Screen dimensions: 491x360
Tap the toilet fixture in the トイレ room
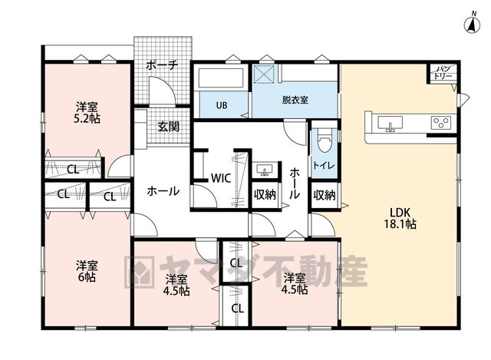[x=324, y=140]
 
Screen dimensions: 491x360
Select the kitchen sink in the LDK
[x=390, y=124]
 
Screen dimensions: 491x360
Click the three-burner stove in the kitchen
[x=441, y=123]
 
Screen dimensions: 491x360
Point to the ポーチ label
[x=162, y=65]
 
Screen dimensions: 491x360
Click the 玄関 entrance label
[x=169, y=127]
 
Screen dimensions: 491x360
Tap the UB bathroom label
[x=222, y=105]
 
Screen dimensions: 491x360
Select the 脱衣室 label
[x=295, y=101]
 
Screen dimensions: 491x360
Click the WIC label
[x=221, y=178]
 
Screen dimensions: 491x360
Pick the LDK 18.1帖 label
[x=400, y=218]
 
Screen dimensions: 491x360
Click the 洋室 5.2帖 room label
[x=87, y=113]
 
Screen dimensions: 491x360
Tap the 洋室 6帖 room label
[x=87, y=272]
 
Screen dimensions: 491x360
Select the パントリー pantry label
[x=443, y=72]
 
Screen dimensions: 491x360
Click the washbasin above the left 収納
[x=265, y=170]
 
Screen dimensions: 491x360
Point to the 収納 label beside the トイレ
[x=325, y=195]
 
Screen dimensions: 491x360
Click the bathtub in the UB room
[x=221, y=78]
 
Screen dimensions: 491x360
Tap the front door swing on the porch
[x=162, y=91]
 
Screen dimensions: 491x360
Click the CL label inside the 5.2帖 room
[x=74, y=170]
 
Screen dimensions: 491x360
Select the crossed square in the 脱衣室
[x=265, y=74]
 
